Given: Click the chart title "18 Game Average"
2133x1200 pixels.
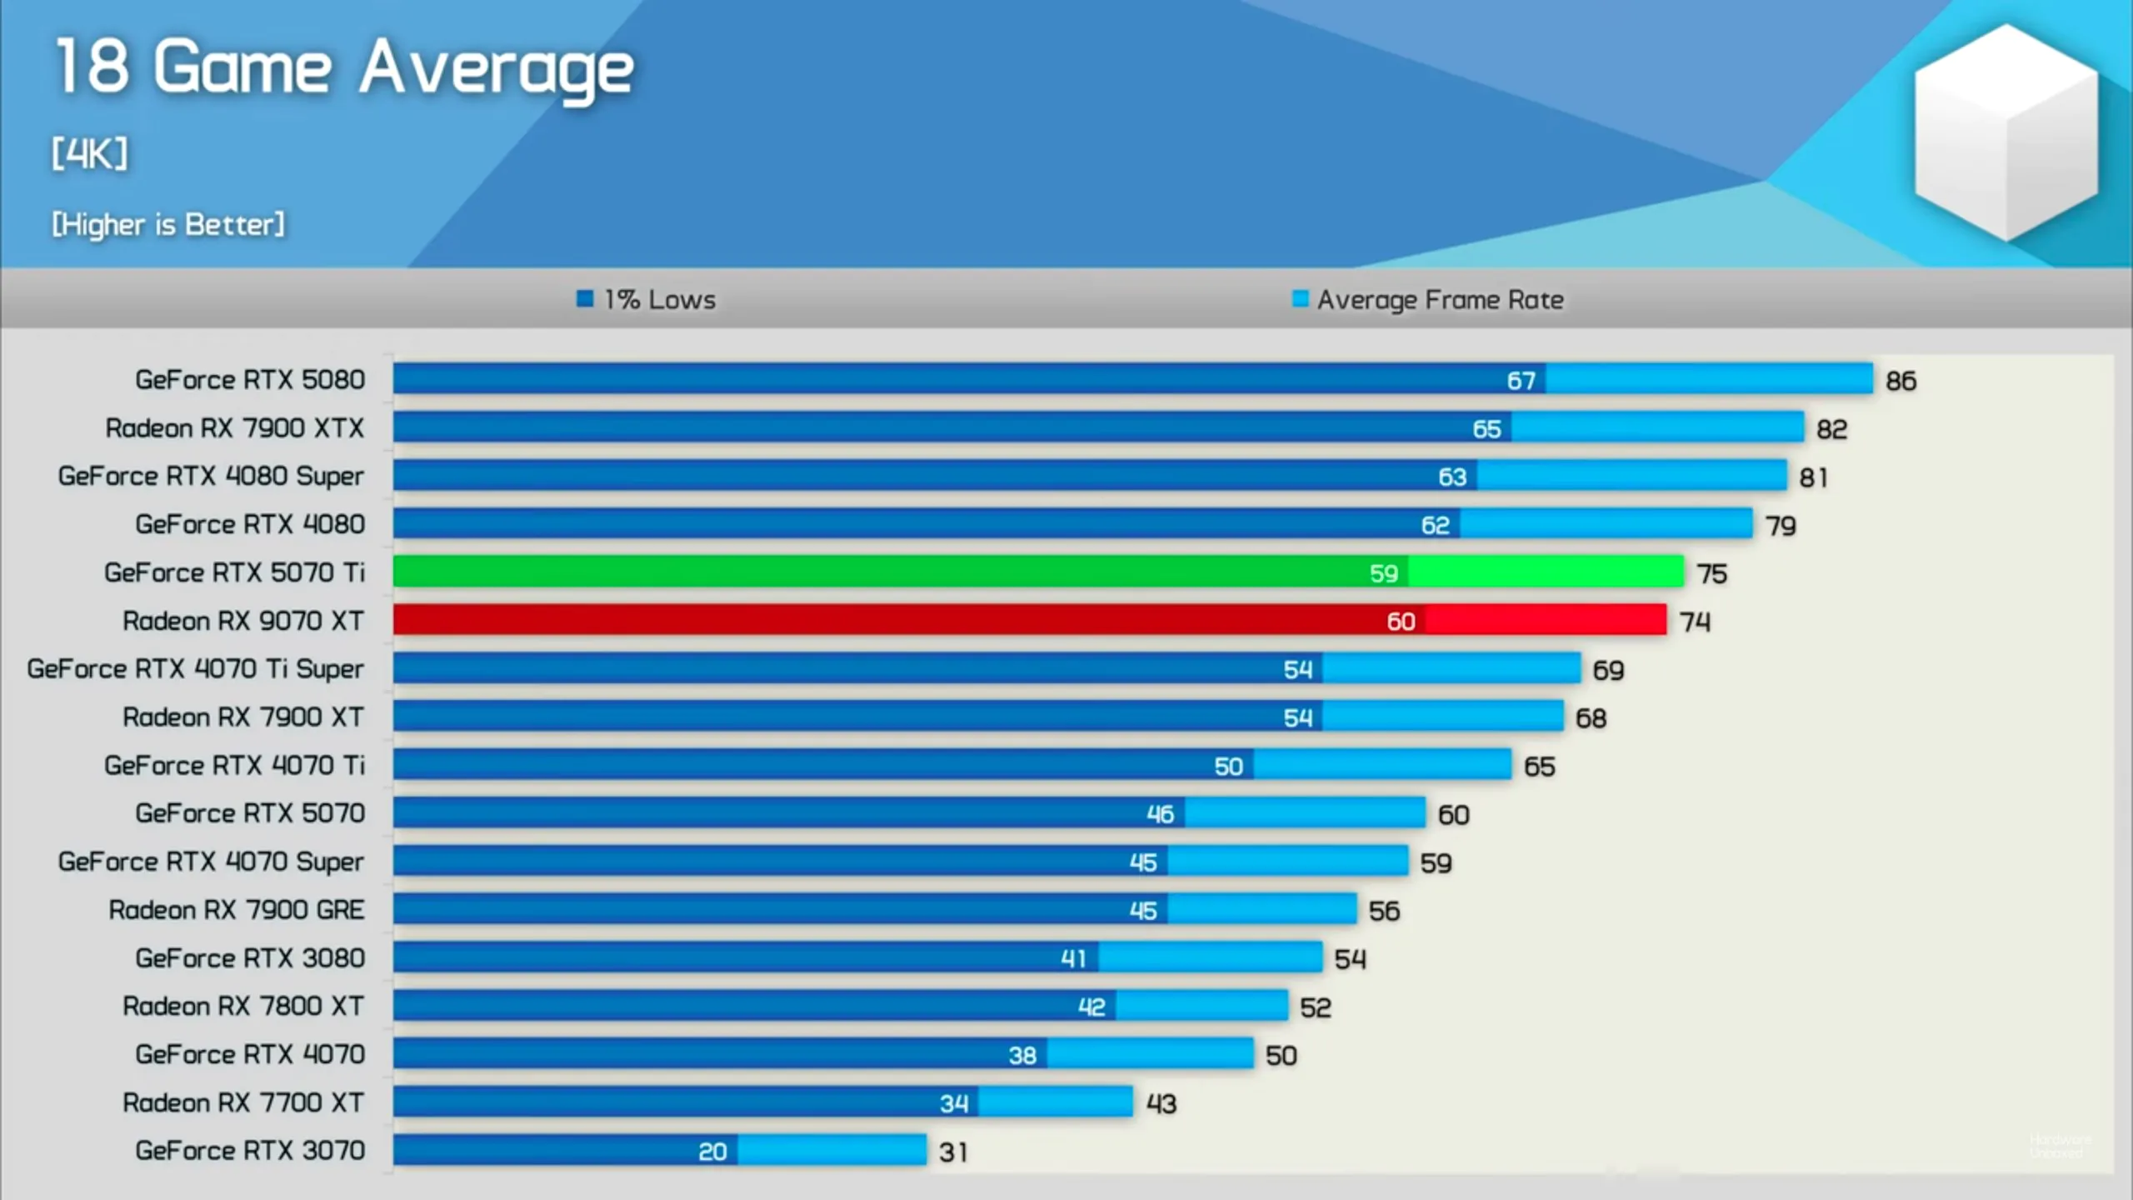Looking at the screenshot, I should [344, 68].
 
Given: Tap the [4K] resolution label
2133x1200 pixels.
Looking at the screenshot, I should [90, 154].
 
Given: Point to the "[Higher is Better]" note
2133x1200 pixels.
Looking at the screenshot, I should [168, 224].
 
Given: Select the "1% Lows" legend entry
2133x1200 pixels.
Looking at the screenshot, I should [647, 299].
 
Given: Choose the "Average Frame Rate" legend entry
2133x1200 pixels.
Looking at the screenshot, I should [1428, 299].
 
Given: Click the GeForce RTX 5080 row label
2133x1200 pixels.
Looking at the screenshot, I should [250, 380].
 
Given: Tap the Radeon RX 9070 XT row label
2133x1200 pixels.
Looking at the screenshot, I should [243, 621].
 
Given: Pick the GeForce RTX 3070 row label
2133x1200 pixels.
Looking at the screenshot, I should [250, 1151].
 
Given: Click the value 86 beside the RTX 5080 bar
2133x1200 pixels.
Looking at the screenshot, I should [1901, 381].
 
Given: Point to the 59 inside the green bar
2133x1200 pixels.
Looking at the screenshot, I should [1383, 573].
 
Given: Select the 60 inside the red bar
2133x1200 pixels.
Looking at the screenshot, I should [1401, 622].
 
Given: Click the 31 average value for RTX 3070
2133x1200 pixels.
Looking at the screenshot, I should [953, 1152].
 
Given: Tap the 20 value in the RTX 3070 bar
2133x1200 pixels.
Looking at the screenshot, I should [712, 1152].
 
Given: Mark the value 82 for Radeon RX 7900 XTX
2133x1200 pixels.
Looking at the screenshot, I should [1831, 429].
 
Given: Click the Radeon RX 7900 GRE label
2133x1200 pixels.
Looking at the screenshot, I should [237, 910].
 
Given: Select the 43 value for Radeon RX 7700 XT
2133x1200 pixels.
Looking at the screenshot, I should [1161, 1104].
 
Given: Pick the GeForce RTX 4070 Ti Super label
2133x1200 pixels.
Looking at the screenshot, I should [196, 669].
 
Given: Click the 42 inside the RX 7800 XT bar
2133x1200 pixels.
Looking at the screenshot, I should [1091, 1007].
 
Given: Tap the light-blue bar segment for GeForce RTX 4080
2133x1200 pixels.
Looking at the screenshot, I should [1606, 524].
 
